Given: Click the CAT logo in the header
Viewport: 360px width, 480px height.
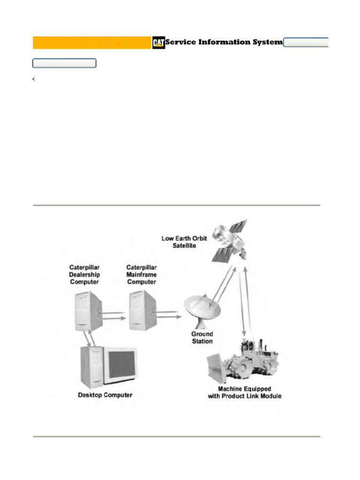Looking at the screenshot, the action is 158,43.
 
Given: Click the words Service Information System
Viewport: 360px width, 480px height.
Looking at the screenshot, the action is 224,42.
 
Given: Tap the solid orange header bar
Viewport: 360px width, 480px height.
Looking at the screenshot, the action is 92,43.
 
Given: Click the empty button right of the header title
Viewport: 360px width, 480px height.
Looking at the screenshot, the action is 306,42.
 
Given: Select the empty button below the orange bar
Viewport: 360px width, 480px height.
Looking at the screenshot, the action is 64,63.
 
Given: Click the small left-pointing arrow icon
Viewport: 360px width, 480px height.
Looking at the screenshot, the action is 34,79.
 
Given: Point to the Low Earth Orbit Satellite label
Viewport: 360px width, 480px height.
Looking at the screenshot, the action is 184,242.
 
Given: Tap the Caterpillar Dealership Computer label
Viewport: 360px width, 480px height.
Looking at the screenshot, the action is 84,275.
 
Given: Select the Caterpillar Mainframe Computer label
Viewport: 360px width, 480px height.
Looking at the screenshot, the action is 142,275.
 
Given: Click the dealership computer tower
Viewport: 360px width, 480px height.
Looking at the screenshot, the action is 88,311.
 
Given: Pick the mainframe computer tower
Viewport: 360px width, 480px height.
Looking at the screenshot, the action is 142,310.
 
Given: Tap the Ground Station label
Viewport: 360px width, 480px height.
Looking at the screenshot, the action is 202,337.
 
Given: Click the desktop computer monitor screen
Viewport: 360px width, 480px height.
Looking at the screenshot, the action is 122,364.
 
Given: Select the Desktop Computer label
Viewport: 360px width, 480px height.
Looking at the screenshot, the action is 105,395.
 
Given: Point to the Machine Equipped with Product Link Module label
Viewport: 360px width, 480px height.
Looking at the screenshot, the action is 245,392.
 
